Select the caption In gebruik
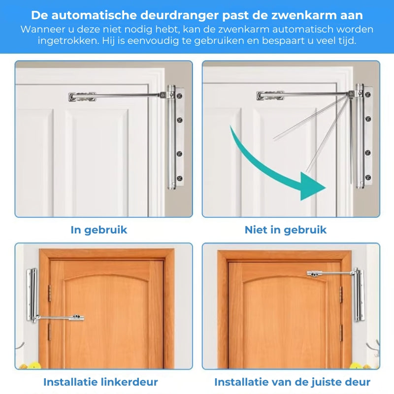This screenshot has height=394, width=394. pyautogui.click(x=99, y=230)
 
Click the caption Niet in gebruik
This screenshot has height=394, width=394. pyautogui.click(x=286, y=230)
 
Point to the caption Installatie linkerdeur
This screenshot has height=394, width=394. pyautogui.click(x=100, y=382)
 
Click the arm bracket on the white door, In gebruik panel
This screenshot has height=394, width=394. pyautogui.click(x=82, y=97)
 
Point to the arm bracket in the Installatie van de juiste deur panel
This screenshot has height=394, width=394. pyautogui.click(x=316, y=273)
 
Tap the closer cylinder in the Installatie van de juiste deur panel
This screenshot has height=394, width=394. pyautogui.click(x=357, y=295)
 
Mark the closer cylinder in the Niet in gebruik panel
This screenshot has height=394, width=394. pyautogui.click(x=360, y=135)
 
